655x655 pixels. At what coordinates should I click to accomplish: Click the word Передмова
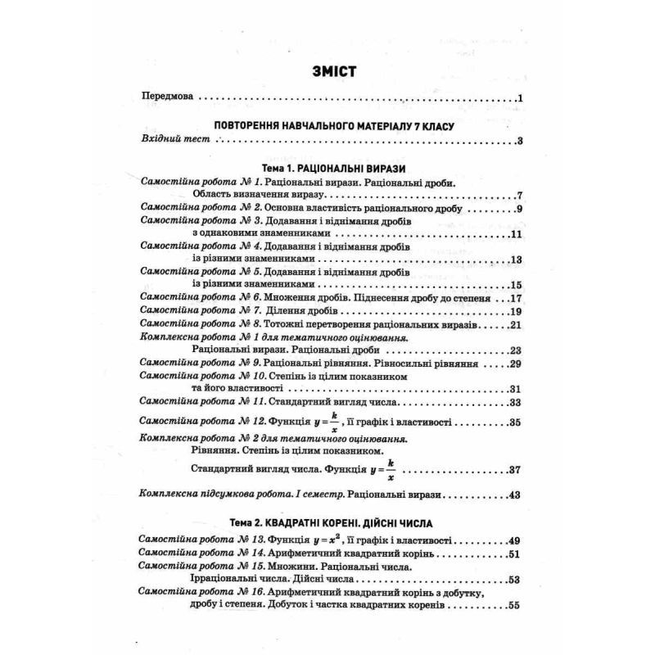point(167,97)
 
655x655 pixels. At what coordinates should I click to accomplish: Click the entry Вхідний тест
point(172,140)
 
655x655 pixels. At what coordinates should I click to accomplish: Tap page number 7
point(519,196)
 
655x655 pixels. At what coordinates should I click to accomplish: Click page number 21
point(515,325)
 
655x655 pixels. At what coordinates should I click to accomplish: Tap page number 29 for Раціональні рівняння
point(515,364)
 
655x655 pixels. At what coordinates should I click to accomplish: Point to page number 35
point(515,423)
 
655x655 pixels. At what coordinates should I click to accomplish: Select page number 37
point(515,471)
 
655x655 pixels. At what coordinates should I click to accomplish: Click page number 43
point(515,495)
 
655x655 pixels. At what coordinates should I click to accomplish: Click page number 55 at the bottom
point(515,607)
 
